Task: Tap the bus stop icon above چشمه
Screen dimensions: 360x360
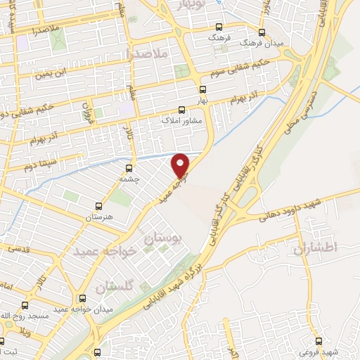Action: [x=129, y=168]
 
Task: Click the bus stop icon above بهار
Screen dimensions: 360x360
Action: [x=202, y=89]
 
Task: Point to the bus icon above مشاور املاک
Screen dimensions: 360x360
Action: [x=181, y=109]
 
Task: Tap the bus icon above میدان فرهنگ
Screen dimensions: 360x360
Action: [x=262, y=32]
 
